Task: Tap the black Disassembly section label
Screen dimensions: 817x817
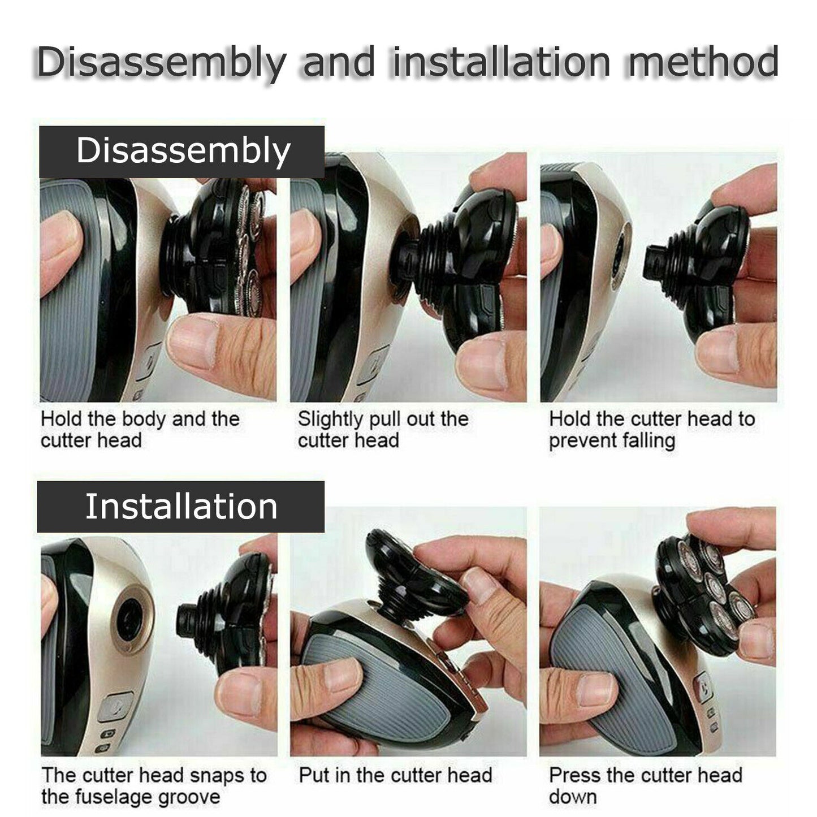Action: pyautogui.click(x=182, y=152)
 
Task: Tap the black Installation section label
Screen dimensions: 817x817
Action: pyautogui.click(x=181, y=507)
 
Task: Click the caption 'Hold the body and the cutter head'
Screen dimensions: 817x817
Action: pyautogui.click(x=140, y=430)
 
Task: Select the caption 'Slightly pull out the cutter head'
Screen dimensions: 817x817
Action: pyautogui.click(x=383, y=430)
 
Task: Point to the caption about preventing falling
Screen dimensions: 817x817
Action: pyautogui.click(x=651, y=430)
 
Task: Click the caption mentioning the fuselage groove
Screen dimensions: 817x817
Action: pyautogui.click(x=153, y=786)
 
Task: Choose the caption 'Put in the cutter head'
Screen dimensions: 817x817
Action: pyautogui.click(x=395, y=775)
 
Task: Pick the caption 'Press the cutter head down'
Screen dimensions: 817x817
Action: pyautogui.click(x=645, y=786)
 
